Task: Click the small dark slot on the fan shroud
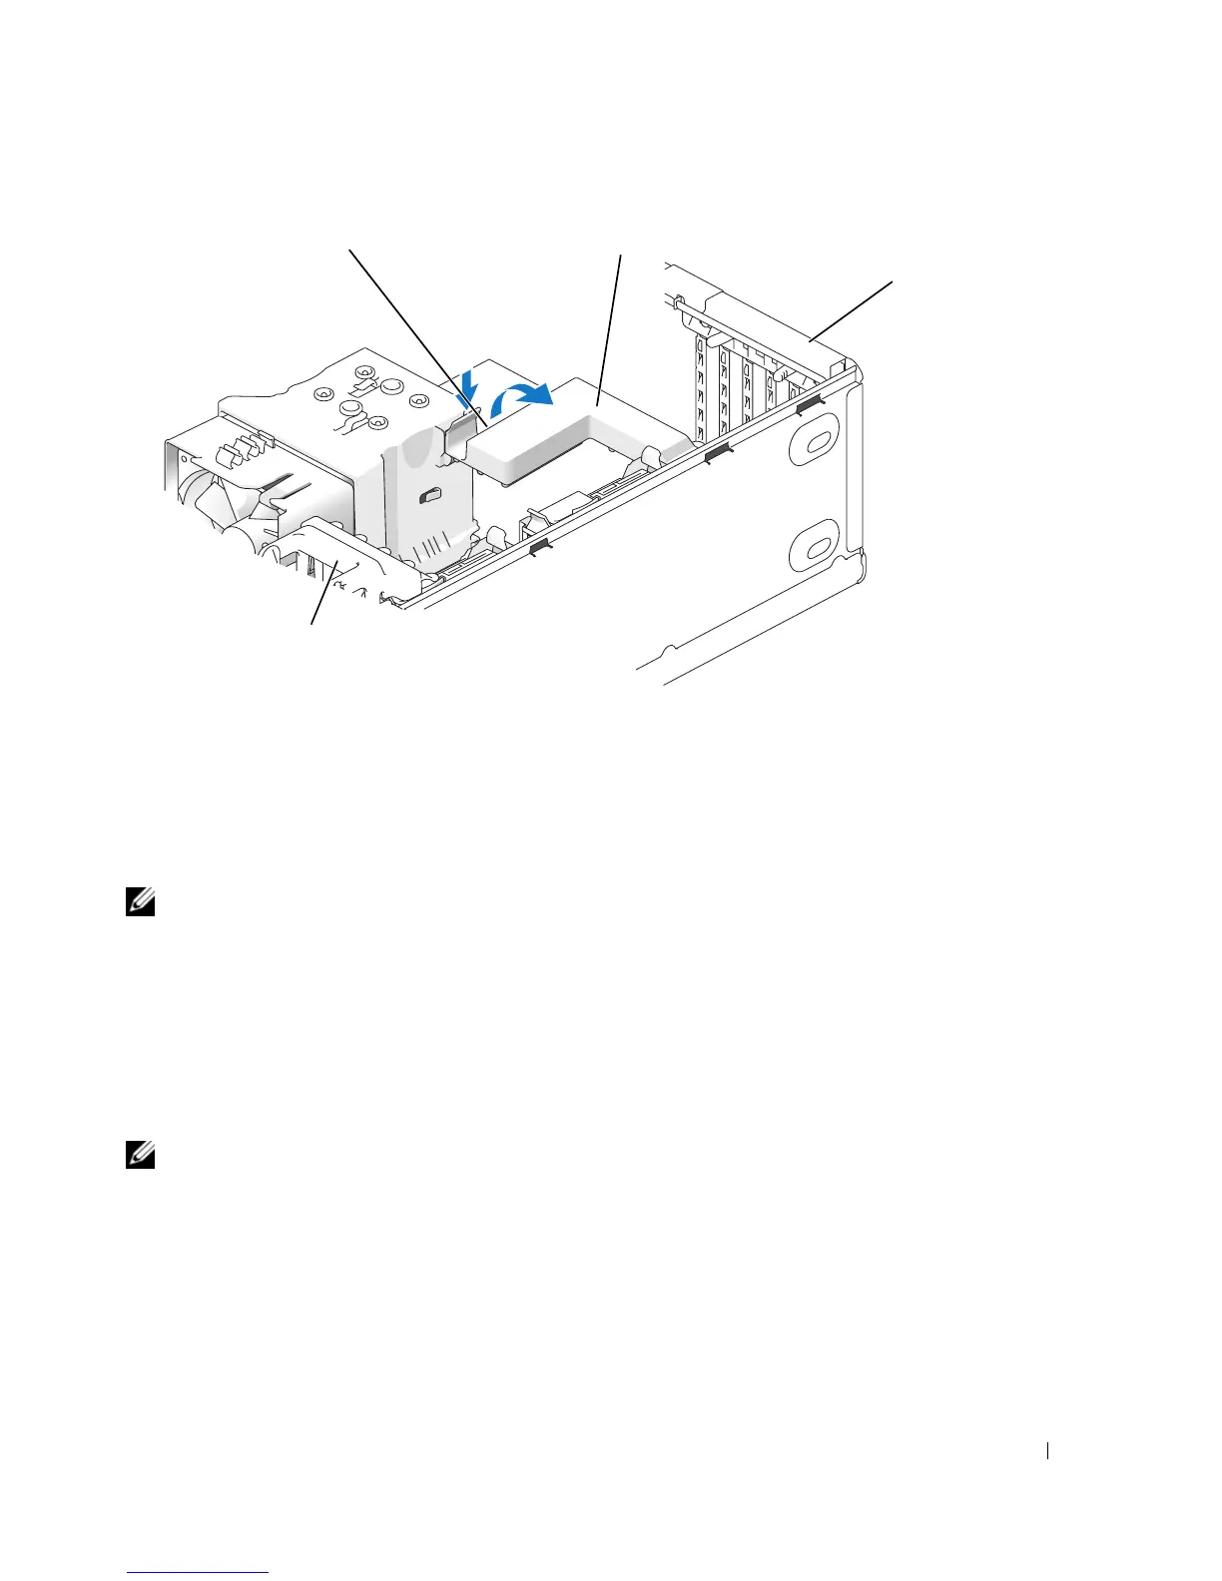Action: (x=430, y=494)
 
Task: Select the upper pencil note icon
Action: (x=137, y=903)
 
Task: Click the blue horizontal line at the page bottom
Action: (x=200, y=1575)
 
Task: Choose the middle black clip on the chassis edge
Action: (x=717, y=456)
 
